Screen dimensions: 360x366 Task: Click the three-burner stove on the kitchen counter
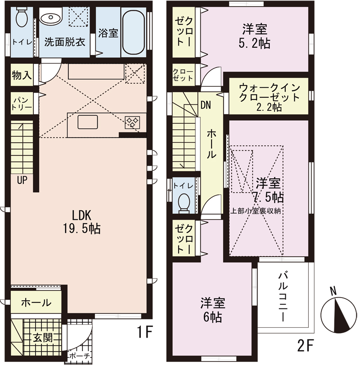coord(132,122)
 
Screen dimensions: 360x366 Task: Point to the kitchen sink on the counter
coord(88,122)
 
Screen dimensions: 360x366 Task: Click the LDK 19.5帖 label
coord(81,222)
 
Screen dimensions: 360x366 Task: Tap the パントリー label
coord(22,104)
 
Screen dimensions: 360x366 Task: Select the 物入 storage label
coord(22,75)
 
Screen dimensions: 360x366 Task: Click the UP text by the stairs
coord(22,180)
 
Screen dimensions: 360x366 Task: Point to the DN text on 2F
coord(206,105)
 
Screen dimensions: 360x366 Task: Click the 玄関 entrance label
coord(42,337)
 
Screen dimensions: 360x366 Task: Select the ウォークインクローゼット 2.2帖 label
coord(269,97)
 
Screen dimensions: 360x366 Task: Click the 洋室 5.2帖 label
coord(254,36)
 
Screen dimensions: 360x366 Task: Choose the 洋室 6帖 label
coord(212,310)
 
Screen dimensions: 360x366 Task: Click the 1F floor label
coord(144,332)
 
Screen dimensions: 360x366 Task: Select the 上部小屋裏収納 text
coord(256,211)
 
